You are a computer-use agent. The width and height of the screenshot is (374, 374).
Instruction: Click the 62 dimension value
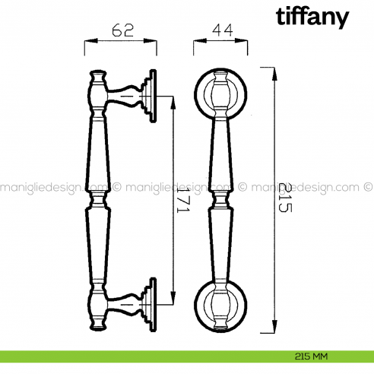122,31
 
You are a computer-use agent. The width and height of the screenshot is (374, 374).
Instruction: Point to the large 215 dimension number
285,199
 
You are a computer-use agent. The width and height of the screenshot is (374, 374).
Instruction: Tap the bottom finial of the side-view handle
98,324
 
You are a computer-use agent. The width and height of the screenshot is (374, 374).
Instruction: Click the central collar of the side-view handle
99,200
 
